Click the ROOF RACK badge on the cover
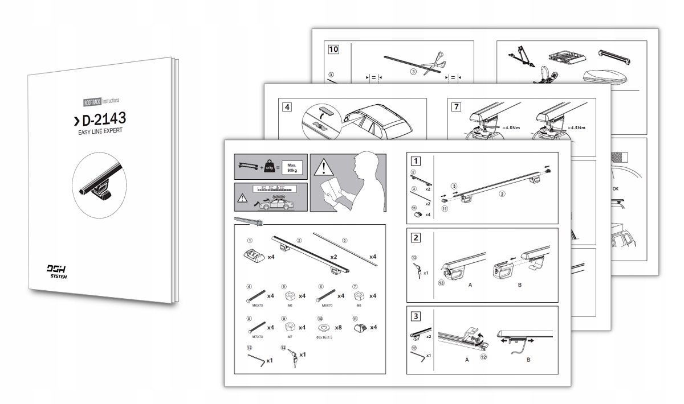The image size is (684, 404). point(92,102)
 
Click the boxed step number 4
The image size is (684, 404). point(286,106)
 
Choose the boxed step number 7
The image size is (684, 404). point(457,107)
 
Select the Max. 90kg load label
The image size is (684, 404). point(294,167)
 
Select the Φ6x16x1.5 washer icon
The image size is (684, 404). point(324,327)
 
